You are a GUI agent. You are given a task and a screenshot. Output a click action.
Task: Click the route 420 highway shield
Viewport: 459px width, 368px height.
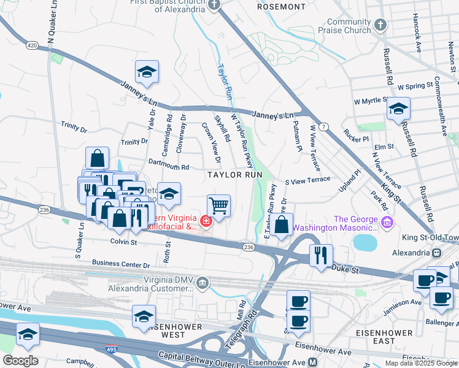[x=32, y=45]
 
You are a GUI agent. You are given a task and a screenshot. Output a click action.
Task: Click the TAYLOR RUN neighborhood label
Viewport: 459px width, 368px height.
[x=234, y=175]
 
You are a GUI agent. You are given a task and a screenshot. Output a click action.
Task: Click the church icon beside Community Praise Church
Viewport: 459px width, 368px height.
[x=380, y=25]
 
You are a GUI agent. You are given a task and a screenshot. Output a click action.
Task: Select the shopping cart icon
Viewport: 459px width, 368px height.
[x=218, y=205]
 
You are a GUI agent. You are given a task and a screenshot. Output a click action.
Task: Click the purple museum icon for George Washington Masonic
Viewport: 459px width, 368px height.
[x=387, y=221]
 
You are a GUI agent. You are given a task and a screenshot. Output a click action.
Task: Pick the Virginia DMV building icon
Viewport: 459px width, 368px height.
[x=203, y=283]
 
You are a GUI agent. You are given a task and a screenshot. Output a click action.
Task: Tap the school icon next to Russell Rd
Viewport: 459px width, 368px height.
[x=398, y=108]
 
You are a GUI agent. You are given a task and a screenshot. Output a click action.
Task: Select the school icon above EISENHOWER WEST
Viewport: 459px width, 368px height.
[x=144, y=316]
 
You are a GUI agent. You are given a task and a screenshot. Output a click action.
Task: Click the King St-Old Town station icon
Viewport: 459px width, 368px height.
[x=437, y=253]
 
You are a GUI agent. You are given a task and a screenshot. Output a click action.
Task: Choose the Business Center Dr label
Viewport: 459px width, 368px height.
[x=121, y=264]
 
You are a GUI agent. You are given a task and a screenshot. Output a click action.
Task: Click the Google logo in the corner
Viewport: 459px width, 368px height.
[x=20, y=360]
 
